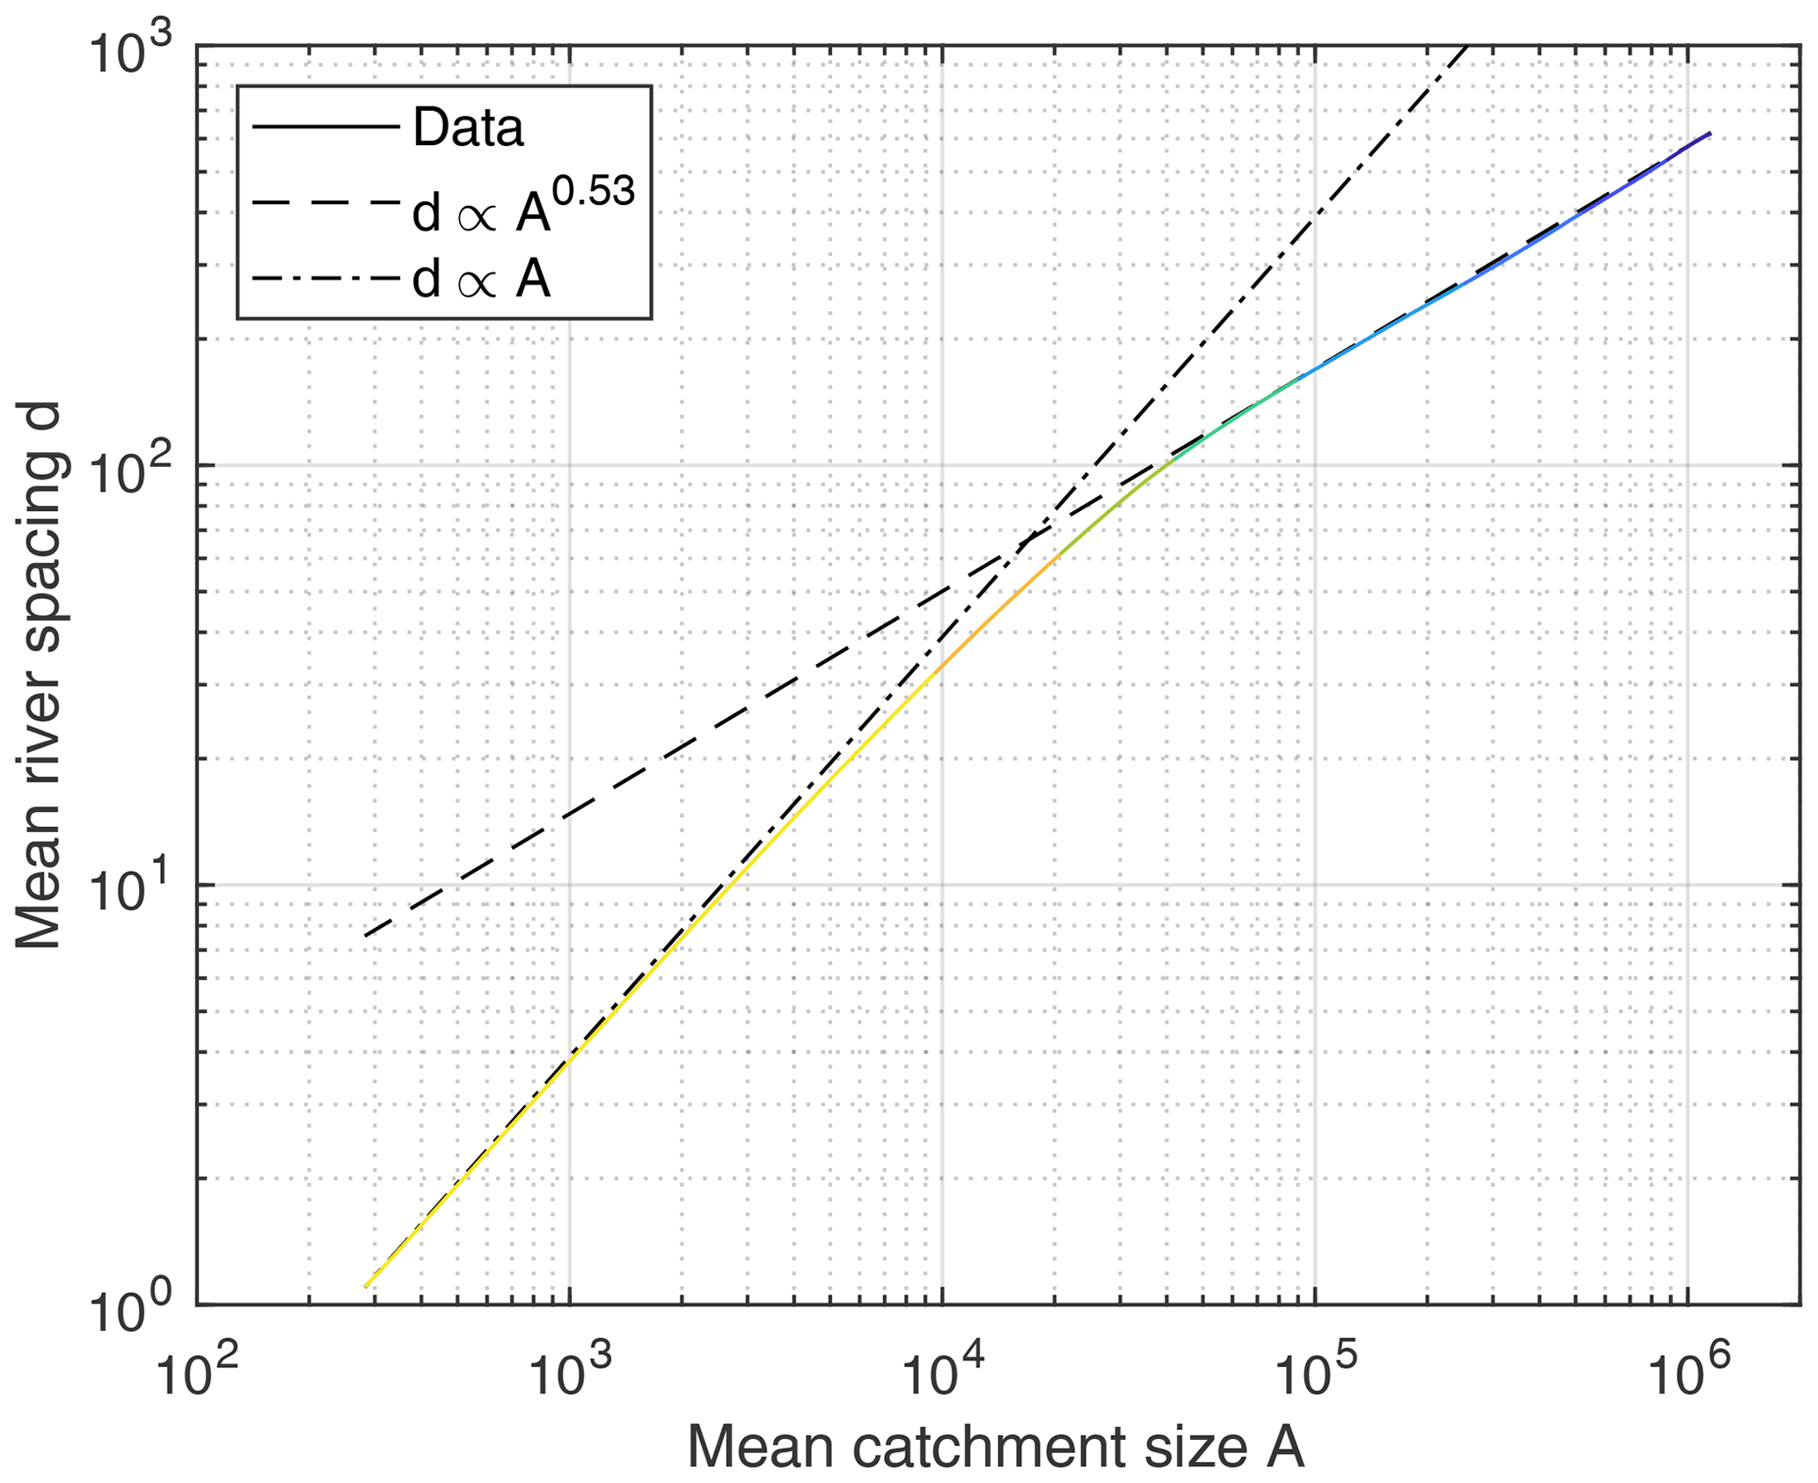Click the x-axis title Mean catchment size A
[x=996, y=1446]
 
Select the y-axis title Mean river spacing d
[x=39, y=676]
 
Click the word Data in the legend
[x=468, y=128]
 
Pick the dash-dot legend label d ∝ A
[x=482, y=281]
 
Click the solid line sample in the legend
[x=325, y=128]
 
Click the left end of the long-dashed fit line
[x=366, y=935]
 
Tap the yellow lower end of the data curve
[x=367, y=1286]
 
